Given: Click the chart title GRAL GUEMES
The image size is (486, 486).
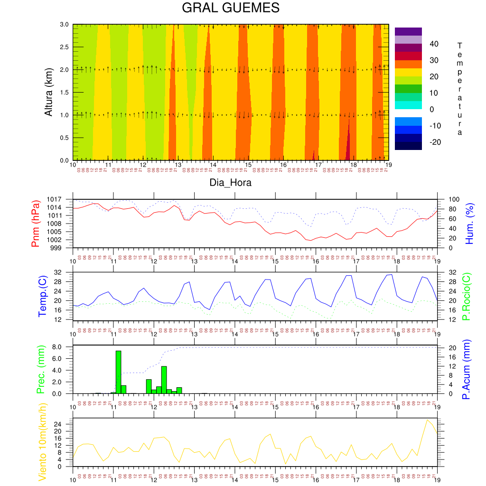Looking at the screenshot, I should [x=231, y=9].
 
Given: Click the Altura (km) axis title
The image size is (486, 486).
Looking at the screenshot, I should [x=48, y=92].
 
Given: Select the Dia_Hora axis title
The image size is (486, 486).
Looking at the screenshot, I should [x=231, y=182].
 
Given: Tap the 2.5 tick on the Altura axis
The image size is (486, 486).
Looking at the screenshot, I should [x=64, y=47].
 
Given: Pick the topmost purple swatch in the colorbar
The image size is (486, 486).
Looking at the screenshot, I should [x=408, y=31].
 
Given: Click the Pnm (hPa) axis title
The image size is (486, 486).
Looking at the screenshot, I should [x=36, y=223].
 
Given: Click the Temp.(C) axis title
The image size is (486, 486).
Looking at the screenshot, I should [x=43, y=296].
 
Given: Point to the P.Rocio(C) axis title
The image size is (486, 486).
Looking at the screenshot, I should [x=466, y=296].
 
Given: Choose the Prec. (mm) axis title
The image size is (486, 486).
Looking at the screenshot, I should [x=40, y=370].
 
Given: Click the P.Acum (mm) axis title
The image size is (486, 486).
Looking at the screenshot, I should [x=466, y=369].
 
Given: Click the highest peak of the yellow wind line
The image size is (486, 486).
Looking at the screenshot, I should [x=427, y=420].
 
